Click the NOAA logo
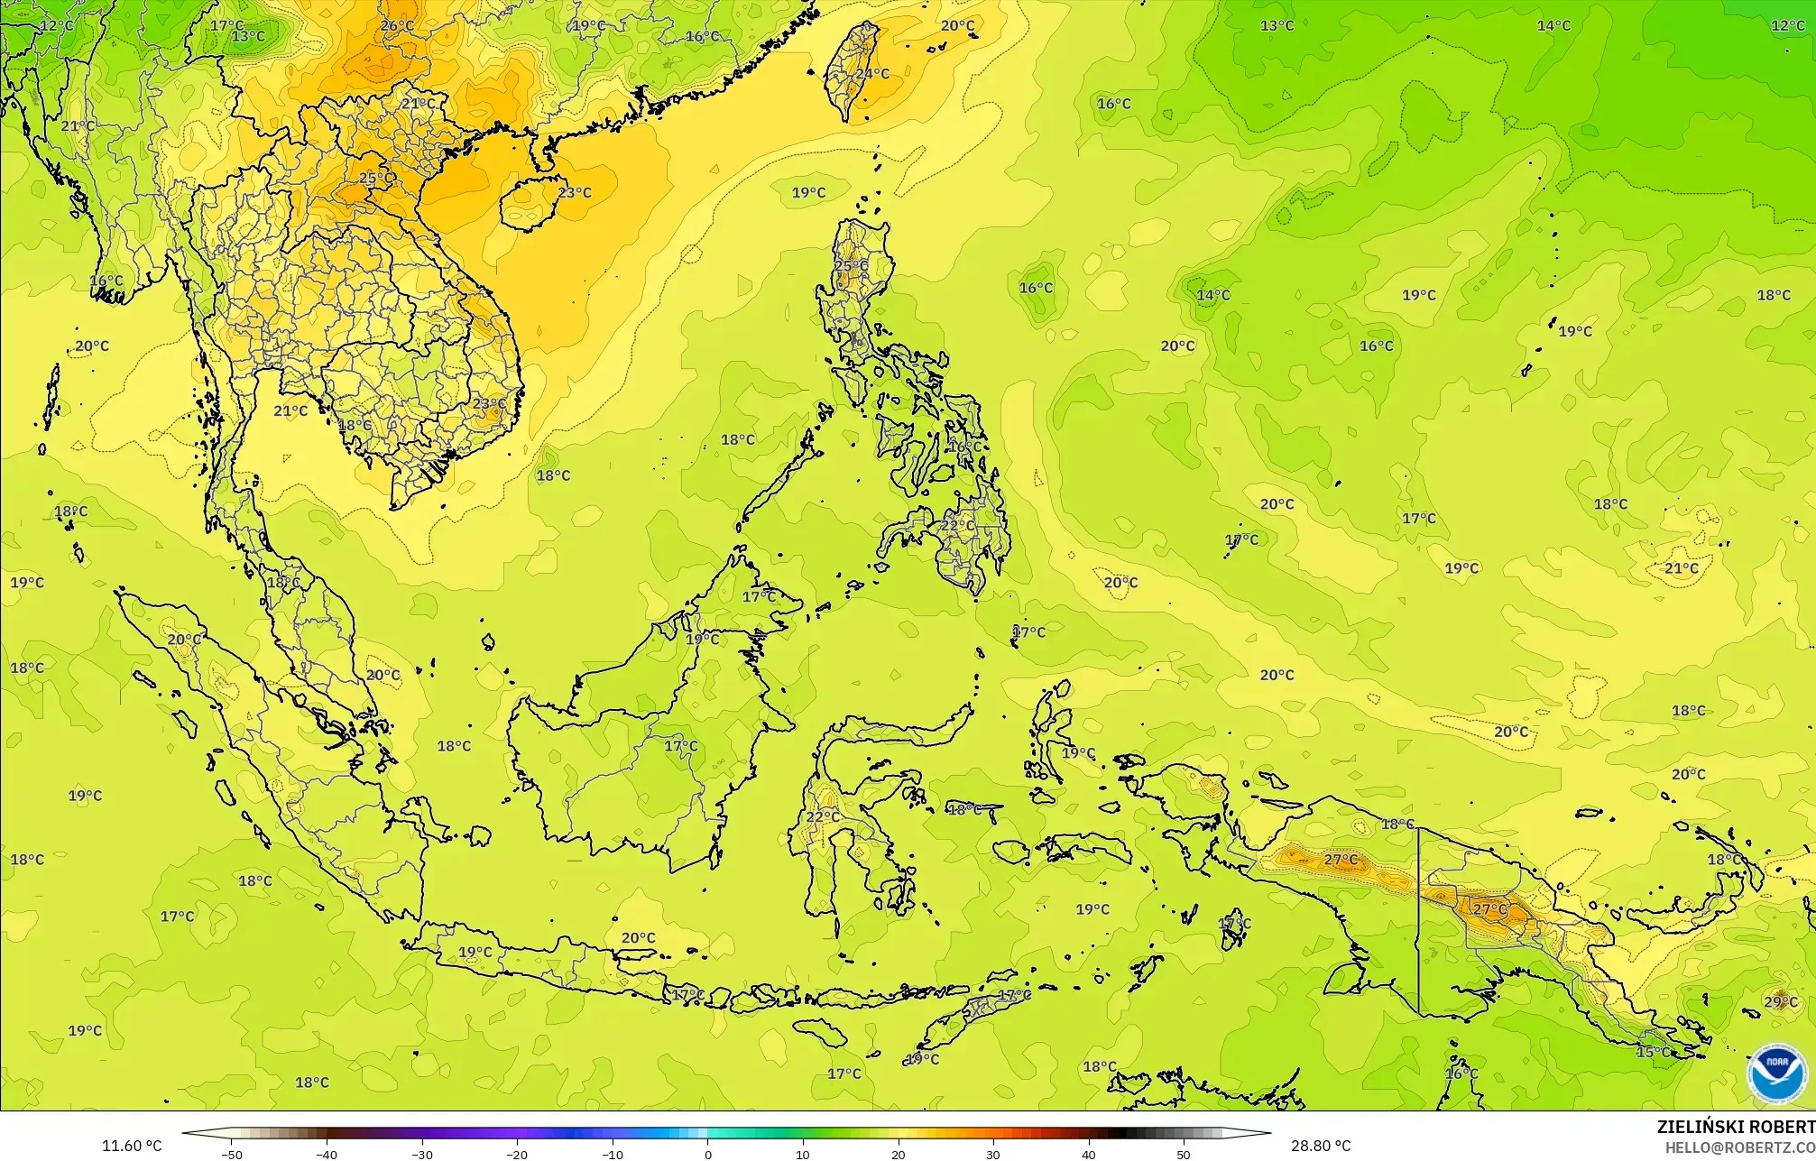[1776, 1073]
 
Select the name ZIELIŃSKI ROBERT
[1735, 1127]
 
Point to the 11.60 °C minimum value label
[132, 1146]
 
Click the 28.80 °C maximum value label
[1320, 1146]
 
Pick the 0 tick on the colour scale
[707, 1154]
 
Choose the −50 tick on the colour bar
[232, 1154]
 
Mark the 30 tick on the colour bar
[993, 1154]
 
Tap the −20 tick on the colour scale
[516, 1154]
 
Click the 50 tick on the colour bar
[1184, 1154]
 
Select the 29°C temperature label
[1780, 1002]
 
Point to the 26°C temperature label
[396, 25]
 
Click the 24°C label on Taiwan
[871, 74]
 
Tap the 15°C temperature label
[1653, 1052]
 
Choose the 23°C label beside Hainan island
[574, 192]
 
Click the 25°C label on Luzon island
[851, 266]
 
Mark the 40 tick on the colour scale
[1089, 1154]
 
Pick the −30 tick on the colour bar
[421, 1154]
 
